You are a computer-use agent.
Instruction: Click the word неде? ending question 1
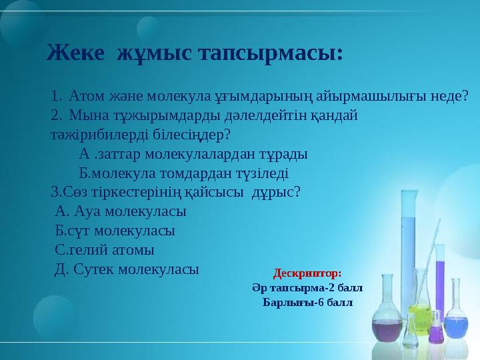449,97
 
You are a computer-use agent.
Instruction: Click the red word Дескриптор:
307,273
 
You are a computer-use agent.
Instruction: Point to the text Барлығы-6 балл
307,303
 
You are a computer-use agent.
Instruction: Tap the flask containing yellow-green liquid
420,313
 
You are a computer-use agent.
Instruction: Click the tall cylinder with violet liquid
439,280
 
